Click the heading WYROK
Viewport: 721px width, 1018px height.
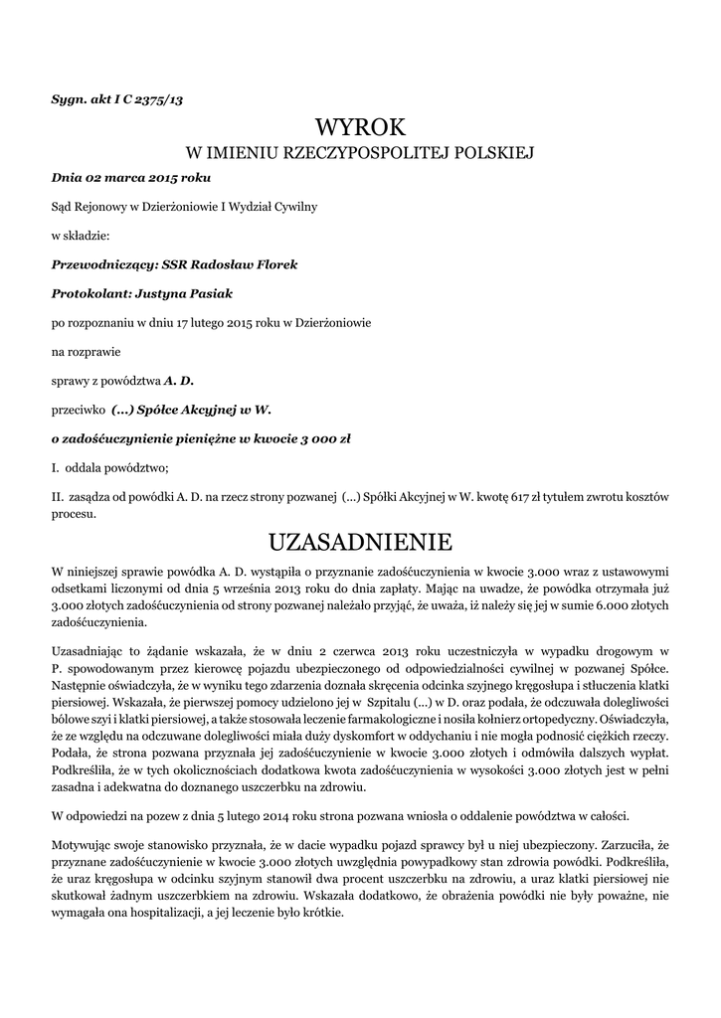coord(361,127)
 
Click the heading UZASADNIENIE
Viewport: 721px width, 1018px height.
coord(361,542)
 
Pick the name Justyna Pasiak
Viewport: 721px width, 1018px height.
coord(183,293)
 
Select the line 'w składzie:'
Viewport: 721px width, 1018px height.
coord(81,237)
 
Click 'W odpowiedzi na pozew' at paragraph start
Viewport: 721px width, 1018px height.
coord(116,816)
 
